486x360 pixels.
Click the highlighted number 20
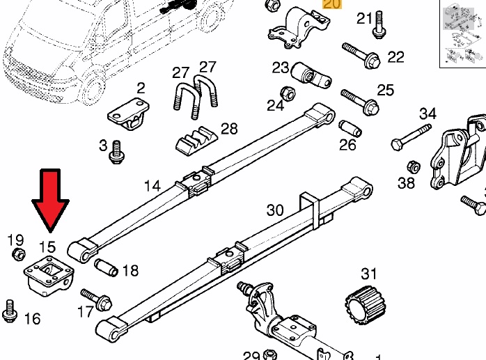(333, 4)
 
